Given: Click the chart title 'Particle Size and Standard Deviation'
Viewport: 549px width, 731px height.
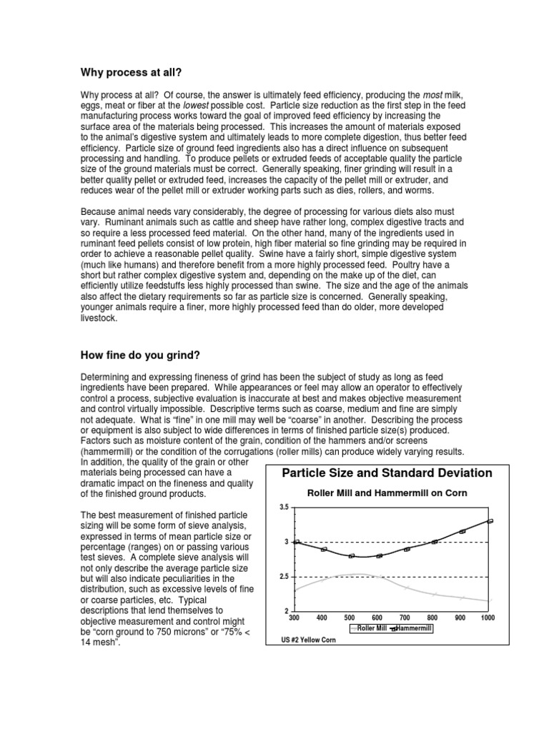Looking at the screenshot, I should (387, 473).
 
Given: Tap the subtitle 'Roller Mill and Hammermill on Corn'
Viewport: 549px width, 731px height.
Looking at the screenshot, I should (387, 493).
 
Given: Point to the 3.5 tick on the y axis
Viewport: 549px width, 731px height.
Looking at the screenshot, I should (283, 507).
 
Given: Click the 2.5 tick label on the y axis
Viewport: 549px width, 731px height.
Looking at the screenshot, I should (283, 577).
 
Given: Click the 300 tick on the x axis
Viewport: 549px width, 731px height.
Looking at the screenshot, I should (295, 617).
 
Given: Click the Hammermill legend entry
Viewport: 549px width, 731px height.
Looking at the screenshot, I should (413, 628).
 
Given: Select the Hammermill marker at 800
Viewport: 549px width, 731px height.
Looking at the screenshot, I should (435, 542).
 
